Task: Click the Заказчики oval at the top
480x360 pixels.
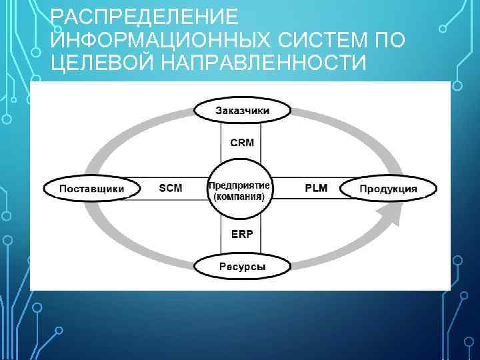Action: (242, 110)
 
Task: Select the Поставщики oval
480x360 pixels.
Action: (92, 189)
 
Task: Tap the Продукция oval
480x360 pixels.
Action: (389, 189)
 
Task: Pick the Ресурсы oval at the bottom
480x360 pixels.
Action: (242, 267)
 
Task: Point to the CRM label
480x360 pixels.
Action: (242, 143)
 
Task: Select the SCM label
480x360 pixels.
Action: (171, 189)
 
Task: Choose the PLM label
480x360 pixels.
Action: (316, 188)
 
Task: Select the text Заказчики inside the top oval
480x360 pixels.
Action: (242, 111)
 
